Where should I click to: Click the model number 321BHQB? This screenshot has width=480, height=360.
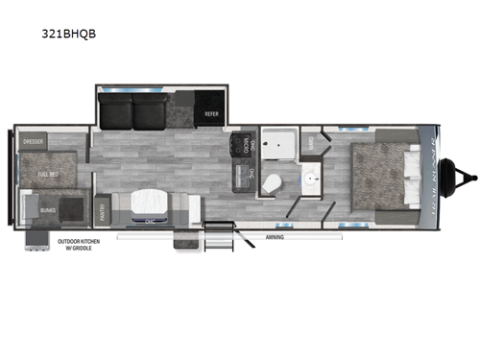[74, 33]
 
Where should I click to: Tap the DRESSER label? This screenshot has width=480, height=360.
[36, 140]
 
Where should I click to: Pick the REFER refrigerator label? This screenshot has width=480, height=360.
[212, 113]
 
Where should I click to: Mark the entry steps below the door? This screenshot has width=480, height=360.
[189, 241]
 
